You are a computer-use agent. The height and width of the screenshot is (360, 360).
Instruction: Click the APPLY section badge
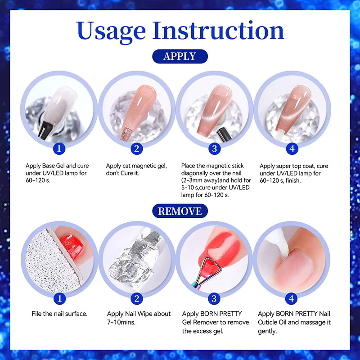coord(180,56)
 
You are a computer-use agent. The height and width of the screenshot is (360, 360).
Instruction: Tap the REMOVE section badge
coord(180,211)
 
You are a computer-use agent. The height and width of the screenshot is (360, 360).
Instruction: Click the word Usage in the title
coord(111,31)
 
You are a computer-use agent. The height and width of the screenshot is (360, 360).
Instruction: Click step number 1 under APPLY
coord(59,149)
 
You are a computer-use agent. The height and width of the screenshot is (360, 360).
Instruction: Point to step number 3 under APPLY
coord(215,149)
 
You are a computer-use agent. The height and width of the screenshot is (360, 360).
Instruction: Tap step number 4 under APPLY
coord(292,149)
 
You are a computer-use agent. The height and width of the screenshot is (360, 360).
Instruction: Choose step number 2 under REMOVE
coord(137,299)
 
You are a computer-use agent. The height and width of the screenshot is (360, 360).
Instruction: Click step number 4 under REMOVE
coord(291,299)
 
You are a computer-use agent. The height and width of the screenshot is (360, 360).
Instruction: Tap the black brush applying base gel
coord(46,130)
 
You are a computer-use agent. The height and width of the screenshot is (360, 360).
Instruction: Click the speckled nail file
coord(53,262)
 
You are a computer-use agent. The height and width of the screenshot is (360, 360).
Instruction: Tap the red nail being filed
coord(72,247)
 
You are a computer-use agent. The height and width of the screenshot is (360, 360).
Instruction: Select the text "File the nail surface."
coord(59,314)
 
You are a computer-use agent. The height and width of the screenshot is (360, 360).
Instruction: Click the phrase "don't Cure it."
coord(122,173)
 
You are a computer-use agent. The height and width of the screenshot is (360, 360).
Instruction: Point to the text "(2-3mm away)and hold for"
coord(216,180)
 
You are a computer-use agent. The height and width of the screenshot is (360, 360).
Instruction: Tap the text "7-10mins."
coord(121,322)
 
